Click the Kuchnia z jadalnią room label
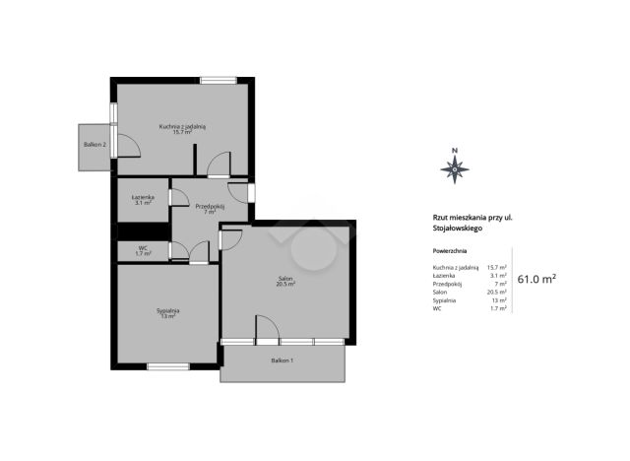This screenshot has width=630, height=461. (x=182, y=127)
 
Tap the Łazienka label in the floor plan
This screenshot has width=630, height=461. (x=143, y=197)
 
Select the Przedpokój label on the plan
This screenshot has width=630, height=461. (x=210, y=207)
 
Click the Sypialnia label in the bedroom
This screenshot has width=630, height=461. (x=168, y=310)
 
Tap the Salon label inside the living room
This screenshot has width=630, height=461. (x=285, y=279)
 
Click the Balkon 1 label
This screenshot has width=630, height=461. (x=283, y=361)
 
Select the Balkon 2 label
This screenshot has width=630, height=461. (x=94, y=144)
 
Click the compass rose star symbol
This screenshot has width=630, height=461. (x=455, y=169)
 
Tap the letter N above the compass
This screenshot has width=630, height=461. (x=455, y=151)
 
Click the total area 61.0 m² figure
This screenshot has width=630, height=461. (x=536, y=279)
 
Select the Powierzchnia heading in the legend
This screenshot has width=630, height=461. (x=450, y=251)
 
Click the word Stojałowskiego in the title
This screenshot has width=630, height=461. (x=458, y=229)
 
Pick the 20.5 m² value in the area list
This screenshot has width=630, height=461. (x=496, y=292)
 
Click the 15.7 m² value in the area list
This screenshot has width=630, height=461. (x=496, y=267)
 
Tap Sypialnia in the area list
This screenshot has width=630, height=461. (x=444, y=300)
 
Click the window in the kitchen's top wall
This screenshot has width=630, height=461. (x=219, y=81)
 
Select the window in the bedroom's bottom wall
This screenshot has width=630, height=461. (x=168, y=366)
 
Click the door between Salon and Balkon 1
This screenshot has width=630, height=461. (x=267, y=330)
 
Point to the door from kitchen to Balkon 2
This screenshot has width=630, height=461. (x=125, y=145)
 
